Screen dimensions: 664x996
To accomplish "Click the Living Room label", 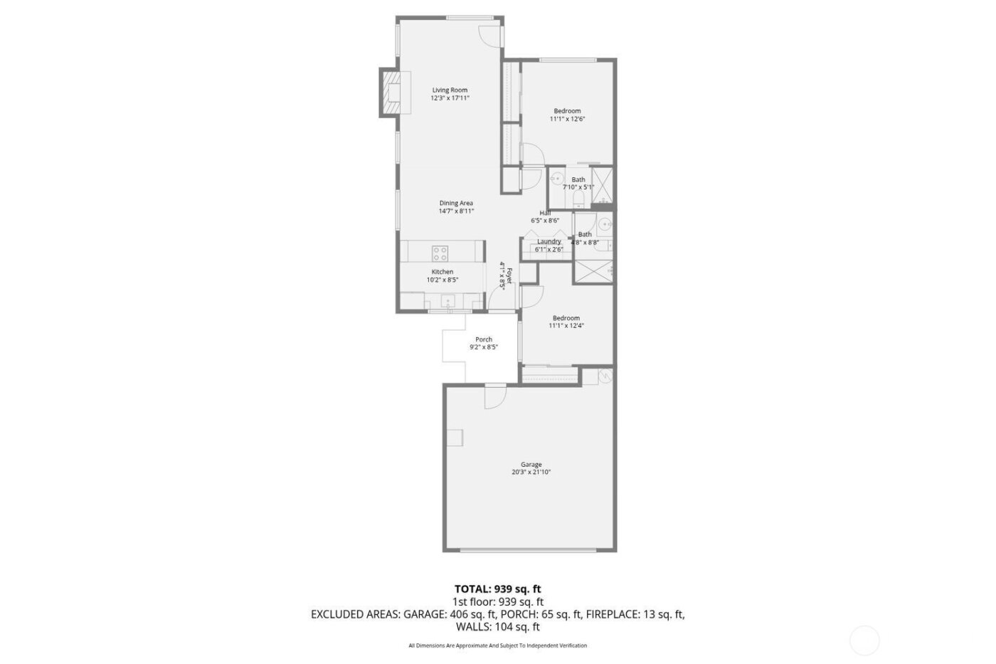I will (450, 90).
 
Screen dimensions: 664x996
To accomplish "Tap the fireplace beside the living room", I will (391, 92).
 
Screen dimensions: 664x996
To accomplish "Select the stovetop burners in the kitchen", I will (440, 253).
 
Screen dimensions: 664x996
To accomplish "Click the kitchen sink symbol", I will (450, 300).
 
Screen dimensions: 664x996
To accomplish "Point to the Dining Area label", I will (456, 203).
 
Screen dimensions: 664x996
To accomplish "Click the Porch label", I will (484, 339).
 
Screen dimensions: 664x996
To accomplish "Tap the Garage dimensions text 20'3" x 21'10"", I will (531, 473).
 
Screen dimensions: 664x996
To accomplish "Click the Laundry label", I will (549, 241).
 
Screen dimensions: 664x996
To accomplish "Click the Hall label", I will (545, 213).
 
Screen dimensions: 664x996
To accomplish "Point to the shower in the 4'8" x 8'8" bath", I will (593, 273).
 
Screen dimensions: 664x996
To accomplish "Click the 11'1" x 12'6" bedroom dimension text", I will (567, 120).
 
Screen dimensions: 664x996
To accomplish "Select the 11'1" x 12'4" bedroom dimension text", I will (566, 326).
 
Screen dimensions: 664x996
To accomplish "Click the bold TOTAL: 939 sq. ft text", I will (498, 589).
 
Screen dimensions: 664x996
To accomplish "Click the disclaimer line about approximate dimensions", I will (497, 645).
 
